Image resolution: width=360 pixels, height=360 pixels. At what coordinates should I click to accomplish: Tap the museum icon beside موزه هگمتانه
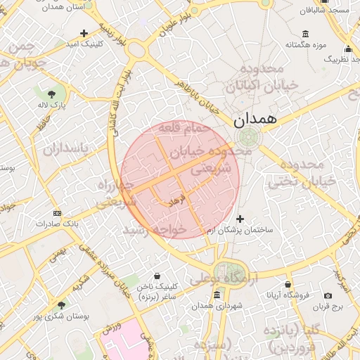[304, 34]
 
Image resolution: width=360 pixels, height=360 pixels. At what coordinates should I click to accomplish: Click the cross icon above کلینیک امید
[84, 33]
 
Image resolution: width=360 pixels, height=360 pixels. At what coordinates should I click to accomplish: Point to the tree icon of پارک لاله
[51, 94]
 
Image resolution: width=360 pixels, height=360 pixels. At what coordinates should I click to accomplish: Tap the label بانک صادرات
[77, 223]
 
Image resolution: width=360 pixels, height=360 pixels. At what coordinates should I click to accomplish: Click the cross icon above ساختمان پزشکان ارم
[241, 219]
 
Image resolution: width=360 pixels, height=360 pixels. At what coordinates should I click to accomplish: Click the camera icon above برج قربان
[328, 295]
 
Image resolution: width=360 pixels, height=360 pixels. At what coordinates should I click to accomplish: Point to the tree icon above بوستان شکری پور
[62, 305]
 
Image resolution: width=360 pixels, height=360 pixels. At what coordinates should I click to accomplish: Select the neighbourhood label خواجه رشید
[155, 229]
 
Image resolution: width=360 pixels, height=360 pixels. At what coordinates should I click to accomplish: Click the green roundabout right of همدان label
[247, 136]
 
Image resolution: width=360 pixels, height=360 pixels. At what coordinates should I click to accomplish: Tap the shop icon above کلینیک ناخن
[155, 275]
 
